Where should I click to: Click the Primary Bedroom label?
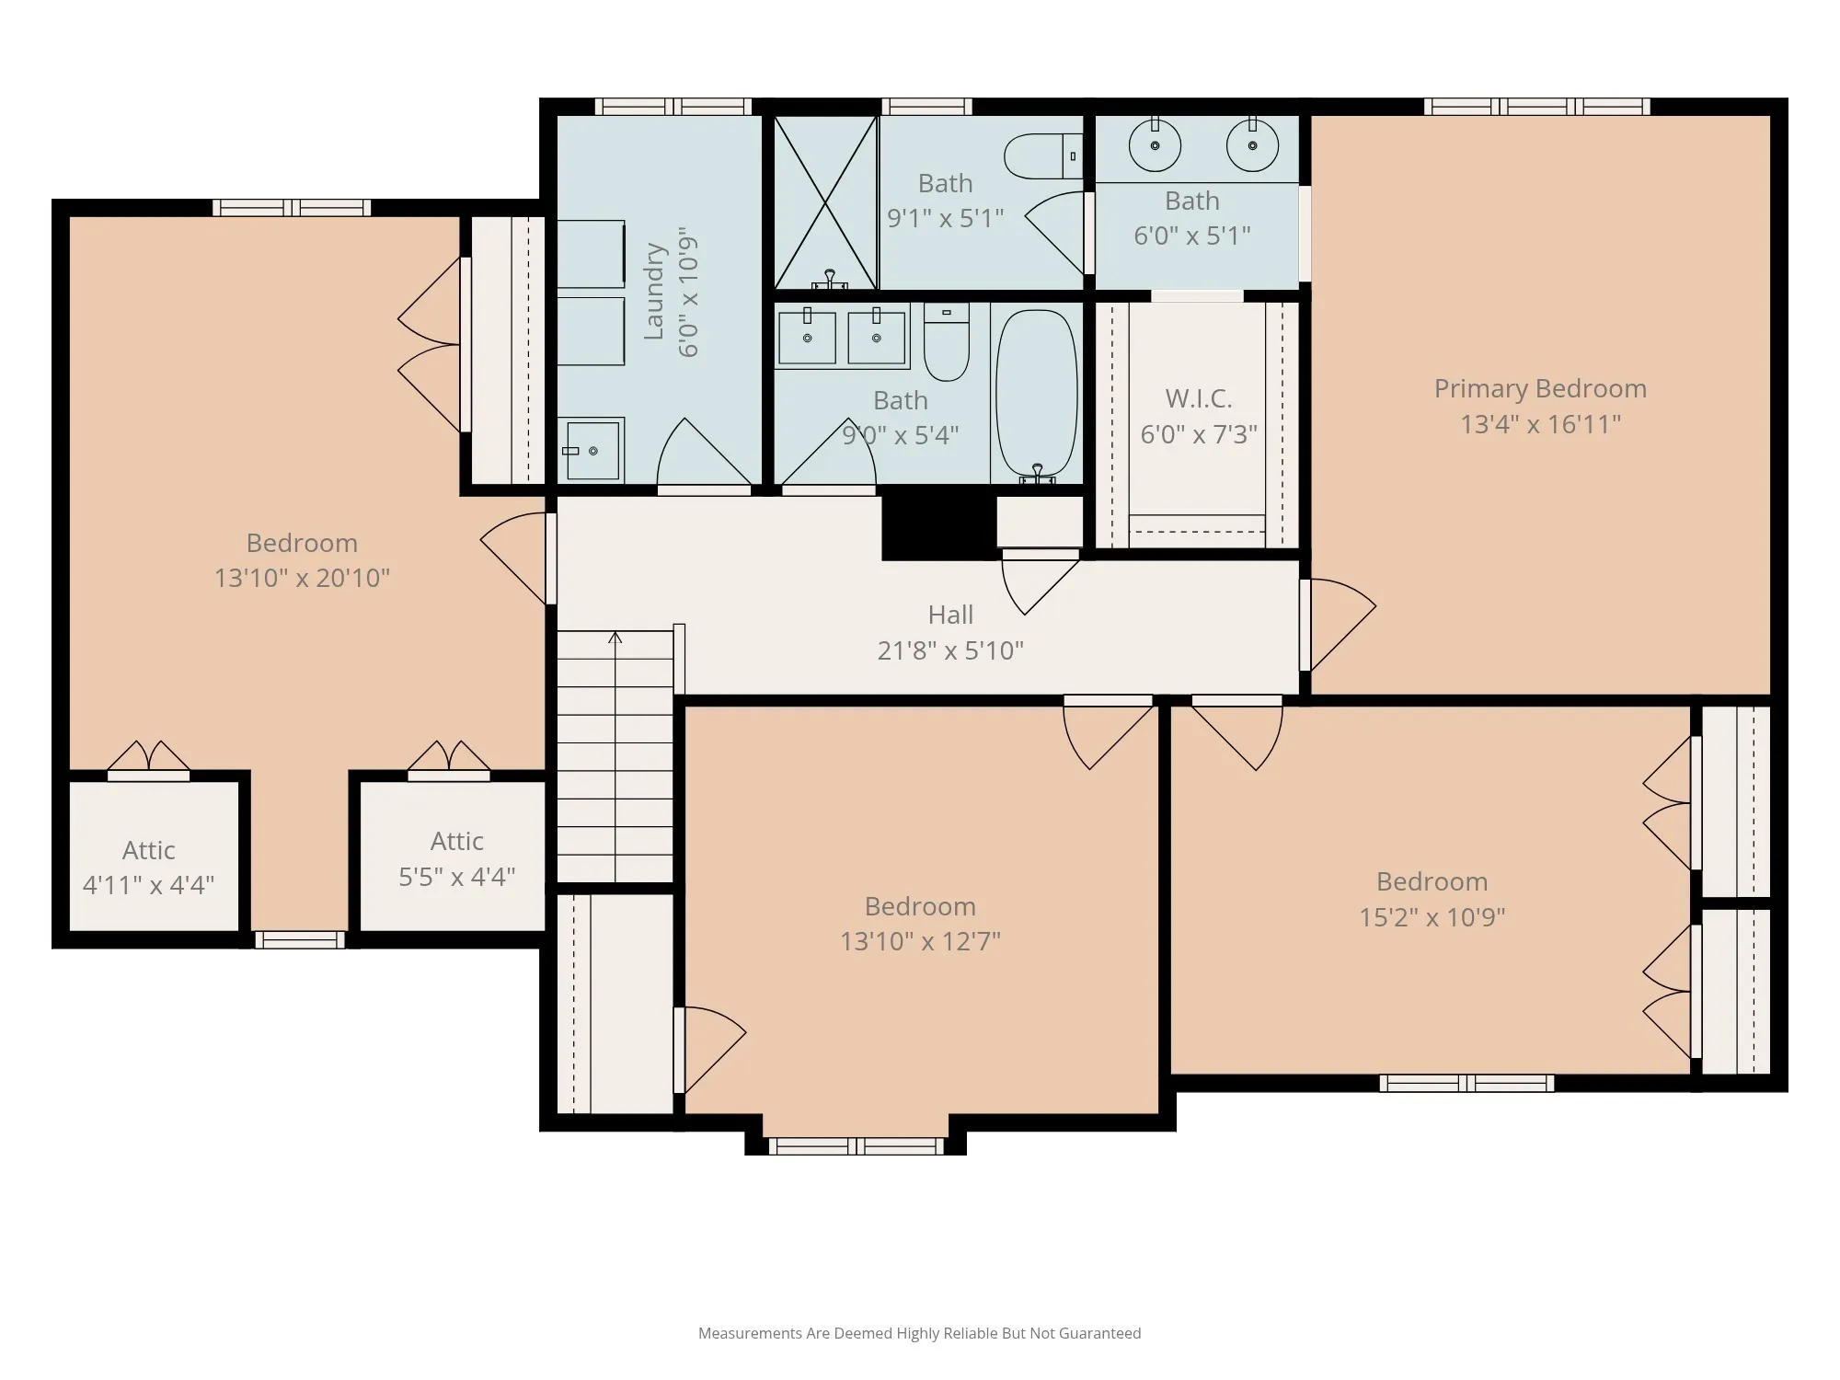click(x=1540, y=389)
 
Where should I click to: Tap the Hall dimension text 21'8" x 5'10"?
click(x=950, y=650)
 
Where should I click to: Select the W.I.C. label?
click(x=1199, y=398)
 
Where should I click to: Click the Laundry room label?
click(x=654, y=292)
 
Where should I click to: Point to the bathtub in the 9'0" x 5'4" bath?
click(x=1037, y=395)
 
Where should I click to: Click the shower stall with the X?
click(x=825, y=202)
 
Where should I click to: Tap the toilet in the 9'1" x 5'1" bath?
click(x=1043, y=156)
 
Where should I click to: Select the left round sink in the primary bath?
click(x=1155, y=145)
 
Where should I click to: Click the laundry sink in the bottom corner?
click(x=592, y=451)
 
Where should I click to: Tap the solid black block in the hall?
click(x=939, y=527)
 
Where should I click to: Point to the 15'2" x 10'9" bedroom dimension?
click(x=1432, y=917)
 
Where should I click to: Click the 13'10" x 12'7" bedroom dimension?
click(x=920, y=941)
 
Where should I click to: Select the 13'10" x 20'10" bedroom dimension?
click(x=302, y=578)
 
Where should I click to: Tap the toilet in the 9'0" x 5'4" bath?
click(x=946, y=342)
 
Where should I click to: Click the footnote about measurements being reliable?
click(x=919, y=1333)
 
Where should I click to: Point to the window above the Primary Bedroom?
click(x=1536, y=107)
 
